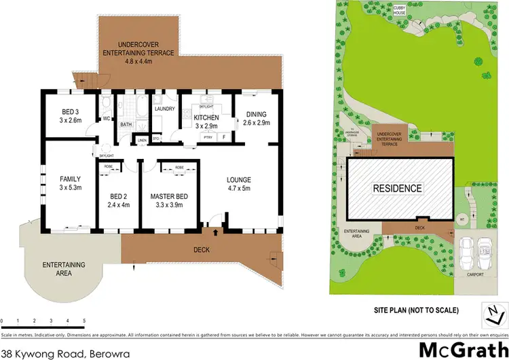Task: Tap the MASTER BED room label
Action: tap(168, 200)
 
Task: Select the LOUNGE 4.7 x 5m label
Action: tap(242, 184)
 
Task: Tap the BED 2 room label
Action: tap(118, 200)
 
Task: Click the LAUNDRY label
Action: tap(165, 109)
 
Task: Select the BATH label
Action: tap(126, 124)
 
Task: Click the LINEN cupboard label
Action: tap(142, 141)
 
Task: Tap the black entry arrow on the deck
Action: tap(216, 232)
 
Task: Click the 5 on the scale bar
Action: tap(84, 320)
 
